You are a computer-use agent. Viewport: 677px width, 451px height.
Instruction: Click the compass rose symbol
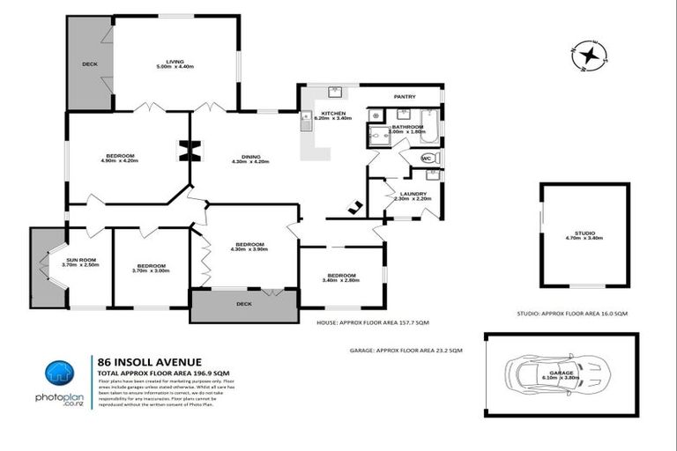[x=589, y=55]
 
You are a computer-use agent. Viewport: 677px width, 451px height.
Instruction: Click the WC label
[x=428, y=159]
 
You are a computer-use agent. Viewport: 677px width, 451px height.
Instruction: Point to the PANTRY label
[x=404, y=96]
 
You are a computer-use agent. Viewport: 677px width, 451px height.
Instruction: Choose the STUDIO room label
[x=584, y=233]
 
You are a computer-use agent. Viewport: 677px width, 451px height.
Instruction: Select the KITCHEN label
[x=333, y=115]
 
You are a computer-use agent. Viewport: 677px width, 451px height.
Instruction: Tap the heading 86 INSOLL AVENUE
[x=149, y=361]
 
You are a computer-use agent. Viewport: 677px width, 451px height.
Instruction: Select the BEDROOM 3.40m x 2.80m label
[x=341, y=277]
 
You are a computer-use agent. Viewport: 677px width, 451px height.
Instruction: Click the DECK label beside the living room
[x=89, y=64]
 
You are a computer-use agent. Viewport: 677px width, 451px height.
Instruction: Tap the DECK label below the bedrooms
[x=244, y=304]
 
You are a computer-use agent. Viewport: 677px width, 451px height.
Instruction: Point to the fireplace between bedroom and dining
[x=185, y=152]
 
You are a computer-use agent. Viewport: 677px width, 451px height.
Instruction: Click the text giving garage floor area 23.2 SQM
[x=406, y=350]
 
